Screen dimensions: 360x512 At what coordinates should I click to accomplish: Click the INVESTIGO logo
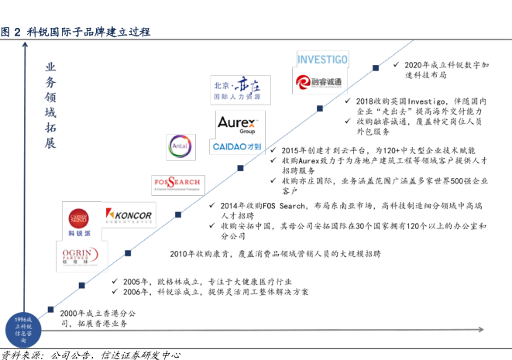coord(323,60)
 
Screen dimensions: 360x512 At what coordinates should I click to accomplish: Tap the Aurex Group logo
coord(237,124)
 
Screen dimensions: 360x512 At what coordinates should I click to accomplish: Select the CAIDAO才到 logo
coord(237,146)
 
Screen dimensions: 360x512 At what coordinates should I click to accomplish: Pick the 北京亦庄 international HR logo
coord(236,90)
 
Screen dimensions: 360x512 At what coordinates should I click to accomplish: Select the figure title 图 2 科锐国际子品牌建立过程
coord(76,32)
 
